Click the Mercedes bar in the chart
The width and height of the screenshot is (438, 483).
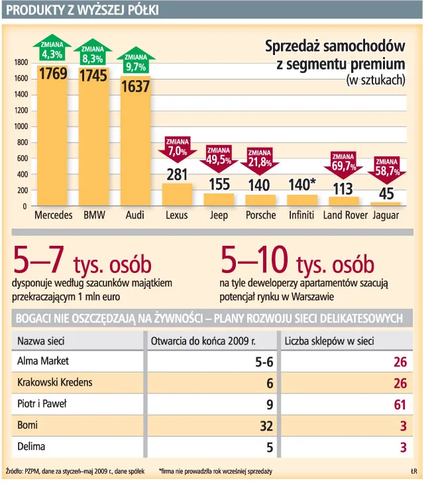(52, 136)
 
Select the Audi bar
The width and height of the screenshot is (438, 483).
(136, 140)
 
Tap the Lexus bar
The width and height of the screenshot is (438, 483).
(177, 195)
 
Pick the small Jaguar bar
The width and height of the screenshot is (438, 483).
(386, 204)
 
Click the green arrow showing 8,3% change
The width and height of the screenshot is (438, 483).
(93, 52)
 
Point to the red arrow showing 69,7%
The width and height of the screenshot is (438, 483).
(343, 165)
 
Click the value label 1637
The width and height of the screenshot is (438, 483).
(136, 86)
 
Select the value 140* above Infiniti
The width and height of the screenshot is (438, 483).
(302, 185)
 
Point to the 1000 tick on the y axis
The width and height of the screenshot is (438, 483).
(21, 127)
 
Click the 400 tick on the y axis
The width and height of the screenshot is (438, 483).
(23, 174)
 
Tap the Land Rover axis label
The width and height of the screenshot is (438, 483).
(345, 215)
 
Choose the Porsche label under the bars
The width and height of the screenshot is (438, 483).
(260, 215)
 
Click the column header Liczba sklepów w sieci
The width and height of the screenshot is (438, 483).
(329, 341)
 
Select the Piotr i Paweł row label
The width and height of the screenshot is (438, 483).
(42, 403)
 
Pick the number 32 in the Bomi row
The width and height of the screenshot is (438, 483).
(266, 426)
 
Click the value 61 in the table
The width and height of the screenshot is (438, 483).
(400, 405)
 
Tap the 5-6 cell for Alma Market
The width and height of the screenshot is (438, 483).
(264, 362)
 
